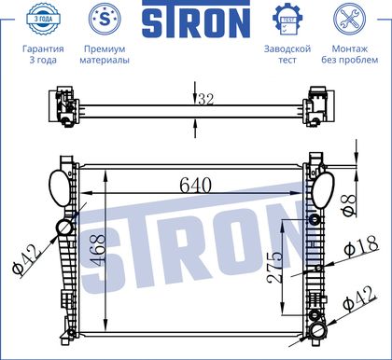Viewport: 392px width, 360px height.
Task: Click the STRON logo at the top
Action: pyautogui.click(x=196, y=19)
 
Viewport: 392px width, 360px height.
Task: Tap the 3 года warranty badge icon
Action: pyautogui.click(x=43, y=19)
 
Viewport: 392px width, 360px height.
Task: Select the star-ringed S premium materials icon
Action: pyautogui.click(x=105, y=19)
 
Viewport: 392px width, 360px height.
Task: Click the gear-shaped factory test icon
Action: pyautogui.click(x=287, y=19)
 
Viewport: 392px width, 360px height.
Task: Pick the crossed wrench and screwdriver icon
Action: pyautogui.click(x=349, y=19)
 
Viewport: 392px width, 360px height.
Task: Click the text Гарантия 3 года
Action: pyautogui.click(x=43, y=54)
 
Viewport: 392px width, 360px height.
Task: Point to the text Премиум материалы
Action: pyautogui.click(x=105, y=54)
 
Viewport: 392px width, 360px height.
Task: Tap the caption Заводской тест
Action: pyautogui.click(x=287, y=54)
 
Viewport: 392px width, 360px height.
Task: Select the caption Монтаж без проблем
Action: pyautogui.click(x=350, y=54)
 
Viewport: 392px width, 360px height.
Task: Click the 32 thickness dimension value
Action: pyautogui.click(x=206, y=100)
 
